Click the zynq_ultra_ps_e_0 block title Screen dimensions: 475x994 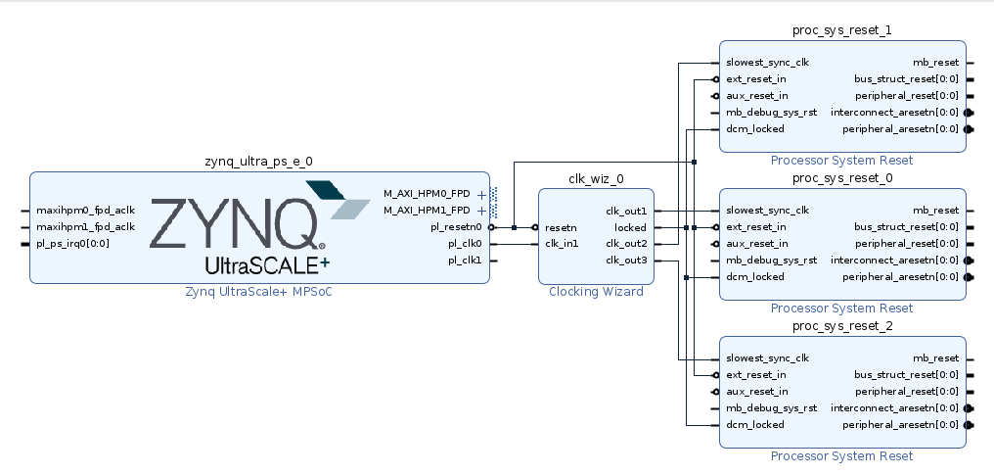(258, 162)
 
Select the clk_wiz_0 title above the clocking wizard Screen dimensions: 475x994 (596, 179)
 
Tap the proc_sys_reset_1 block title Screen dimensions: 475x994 (841, 30)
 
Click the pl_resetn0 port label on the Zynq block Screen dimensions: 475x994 (456, 227)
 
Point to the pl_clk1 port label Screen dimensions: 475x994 (465, 261)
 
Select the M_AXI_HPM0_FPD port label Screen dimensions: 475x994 (428, 194)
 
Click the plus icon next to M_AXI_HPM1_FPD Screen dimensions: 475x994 (481, 211)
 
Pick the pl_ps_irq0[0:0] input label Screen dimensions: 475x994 (73, 244)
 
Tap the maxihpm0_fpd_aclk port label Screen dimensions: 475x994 (85, 211)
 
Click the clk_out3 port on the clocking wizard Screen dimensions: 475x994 (626, 261)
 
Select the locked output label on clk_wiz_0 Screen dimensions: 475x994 (630, 227)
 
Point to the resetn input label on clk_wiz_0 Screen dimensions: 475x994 (561, 227)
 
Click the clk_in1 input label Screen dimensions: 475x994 (562, 244)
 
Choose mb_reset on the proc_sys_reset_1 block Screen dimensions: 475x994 (935, 63)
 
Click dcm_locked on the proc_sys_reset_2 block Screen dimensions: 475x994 (754, 425)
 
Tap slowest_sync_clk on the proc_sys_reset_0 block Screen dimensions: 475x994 (767, 211)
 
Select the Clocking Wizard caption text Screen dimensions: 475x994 (596, 292)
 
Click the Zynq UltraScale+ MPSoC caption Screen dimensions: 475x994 (258, 292)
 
